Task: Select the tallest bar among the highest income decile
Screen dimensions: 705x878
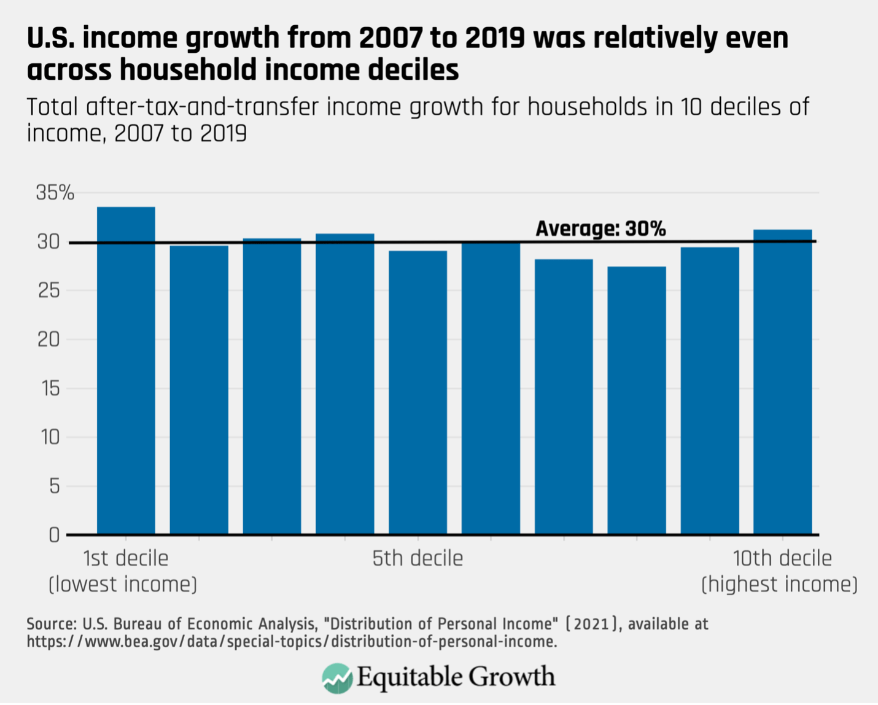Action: point(782,381)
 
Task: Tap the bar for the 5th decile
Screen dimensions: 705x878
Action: point(418,392)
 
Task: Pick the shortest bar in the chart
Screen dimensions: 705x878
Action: point(637,400)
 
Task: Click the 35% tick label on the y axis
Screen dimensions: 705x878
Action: point(55,193)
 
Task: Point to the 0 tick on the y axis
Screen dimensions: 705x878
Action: point(54,536)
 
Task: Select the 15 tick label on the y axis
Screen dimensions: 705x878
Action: point(49,389)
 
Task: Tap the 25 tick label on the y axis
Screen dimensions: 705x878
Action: point(49,290)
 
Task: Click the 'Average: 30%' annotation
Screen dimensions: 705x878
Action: point(600,229)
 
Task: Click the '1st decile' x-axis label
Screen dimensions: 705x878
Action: point(126,559)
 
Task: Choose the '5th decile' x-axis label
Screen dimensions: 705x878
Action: point(418,559)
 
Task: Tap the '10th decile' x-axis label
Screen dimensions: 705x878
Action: point(782,559)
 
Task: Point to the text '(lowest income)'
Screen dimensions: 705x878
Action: point(123,585)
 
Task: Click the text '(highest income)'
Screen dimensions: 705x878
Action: point(779,585)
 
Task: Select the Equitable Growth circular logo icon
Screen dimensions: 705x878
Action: point(336,678)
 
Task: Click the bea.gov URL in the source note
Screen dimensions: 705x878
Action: point(292,642)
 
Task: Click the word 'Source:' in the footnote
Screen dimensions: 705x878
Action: point(51,625)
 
